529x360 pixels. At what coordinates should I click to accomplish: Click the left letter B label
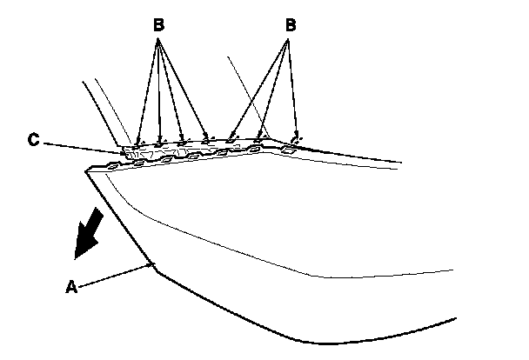coord(158,24)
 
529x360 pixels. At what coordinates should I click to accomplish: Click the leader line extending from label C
coord(83,145)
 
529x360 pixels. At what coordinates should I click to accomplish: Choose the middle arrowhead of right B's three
coord(259,136)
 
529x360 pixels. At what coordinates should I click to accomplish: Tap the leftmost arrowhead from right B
coord(231,137)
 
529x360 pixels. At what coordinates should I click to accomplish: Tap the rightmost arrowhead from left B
coord(207,137)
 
